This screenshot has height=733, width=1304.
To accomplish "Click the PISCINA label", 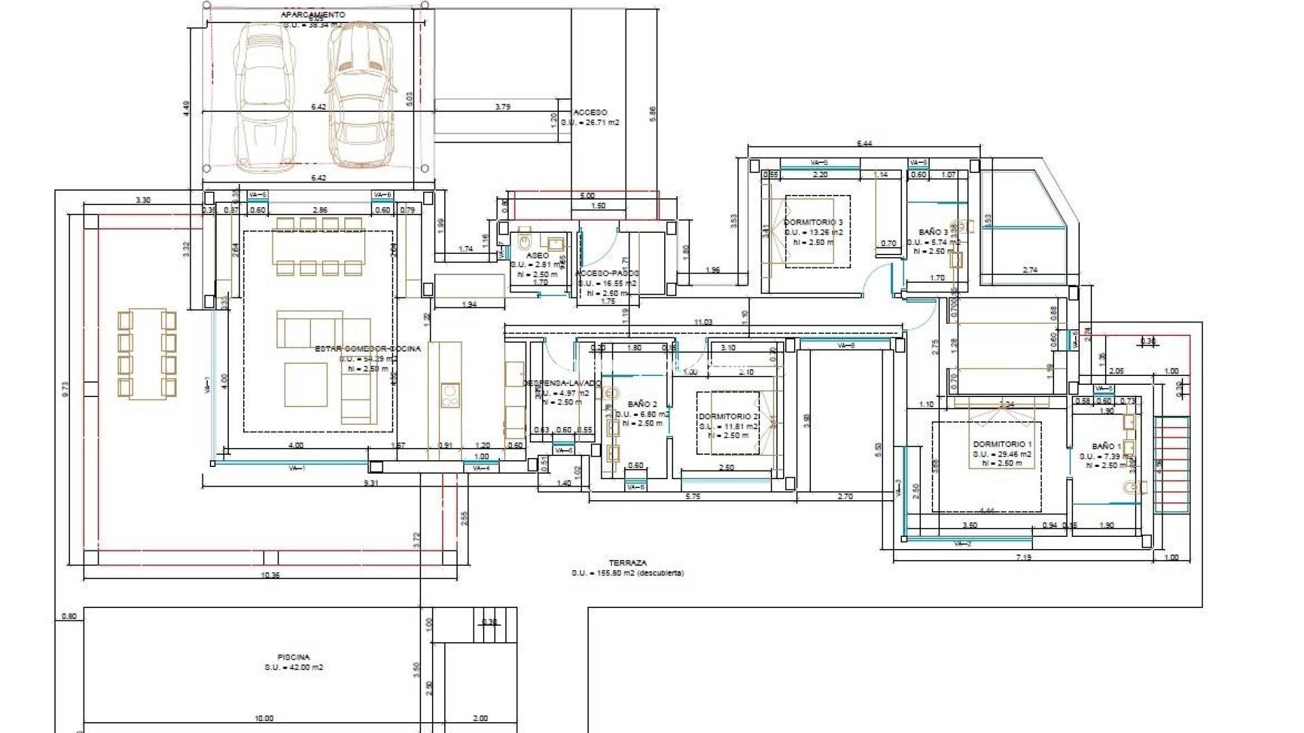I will [293, 657].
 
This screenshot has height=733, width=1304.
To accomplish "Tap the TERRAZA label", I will [628, 563].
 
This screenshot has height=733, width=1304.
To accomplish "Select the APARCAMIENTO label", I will [313, 14].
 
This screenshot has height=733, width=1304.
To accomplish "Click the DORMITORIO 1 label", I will [1002, 444].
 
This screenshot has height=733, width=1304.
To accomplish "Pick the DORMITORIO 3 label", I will [813, 222].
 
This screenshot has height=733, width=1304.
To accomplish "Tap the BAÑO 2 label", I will [642, 404].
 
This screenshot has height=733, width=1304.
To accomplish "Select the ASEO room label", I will [537, 256].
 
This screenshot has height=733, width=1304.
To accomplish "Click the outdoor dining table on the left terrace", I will [147, 354].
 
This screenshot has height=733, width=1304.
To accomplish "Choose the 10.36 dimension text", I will [270, 575].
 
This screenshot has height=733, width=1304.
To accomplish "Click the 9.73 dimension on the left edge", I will [65, 389].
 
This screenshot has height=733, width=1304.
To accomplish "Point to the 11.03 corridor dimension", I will [703, 322].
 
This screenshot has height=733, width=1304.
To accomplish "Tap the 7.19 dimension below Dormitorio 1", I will [1023, 557].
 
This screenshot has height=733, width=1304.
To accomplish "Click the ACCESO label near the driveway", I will [590, 112].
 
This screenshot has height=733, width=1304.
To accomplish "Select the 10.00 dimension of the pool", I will [264, 718].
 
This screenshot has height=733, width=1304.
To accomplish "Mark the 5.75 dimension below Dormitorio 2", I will [693, 496].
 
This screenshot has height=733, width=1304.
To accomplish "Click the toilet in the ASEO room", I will [524, 240].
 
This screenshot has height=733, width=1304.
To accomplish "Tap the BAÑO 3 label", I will [933, 232].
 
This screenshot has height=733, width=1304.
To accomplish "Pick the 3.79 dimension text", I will [503, 107].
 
